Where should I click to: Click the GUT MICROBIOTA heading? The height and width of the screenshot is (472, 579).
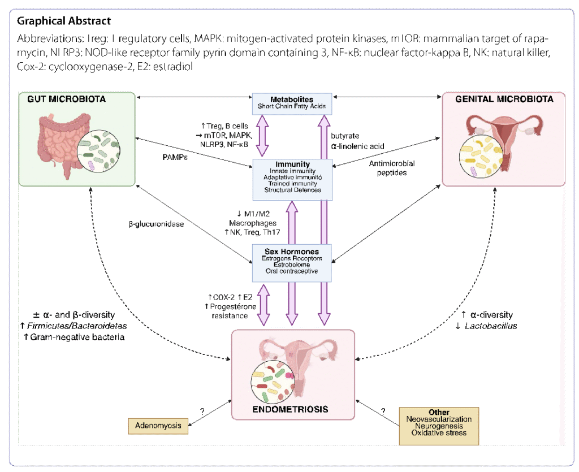pyautogui.click(x=66, y=99)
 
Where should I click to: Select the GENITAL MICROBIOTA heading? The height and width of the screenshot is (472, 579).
pyautogui.click(x=505, y=99)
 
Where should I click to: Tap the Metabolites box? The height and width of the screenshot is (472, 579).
pyautogui.click(x=292, y=103)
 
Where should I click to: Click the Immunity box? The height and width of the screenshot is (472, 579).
pyautogui.click(x=292, y=179)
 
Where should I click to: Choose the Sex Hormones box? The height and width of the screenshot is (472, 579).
pyautogui.click(x=292, y=262)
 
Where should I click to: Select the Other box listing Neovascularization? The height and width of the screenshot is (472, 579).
pyautogui.click(x=439, y=425)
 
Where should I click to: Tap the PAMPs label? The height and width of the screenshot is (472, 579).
pyautogui.click(x=175, y=157)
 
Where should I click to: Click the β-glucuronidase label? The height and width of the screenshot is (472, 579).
pyautogui.click(x=156, y=224)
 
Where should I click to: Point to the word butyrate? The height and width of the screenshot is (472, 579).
pyautogui.click(x=345, y=136)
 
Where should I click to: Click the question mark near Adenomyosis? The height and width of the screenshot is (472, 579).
pyautogui.click(x=202, y=412)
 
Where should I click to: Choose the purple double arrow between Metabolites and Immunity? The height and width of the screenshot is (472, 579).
pyautogui.click(x=263, y=135)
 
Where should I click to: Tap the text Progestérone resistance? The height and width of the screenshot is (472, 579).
pyautogui.click(x=230, y=311)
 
